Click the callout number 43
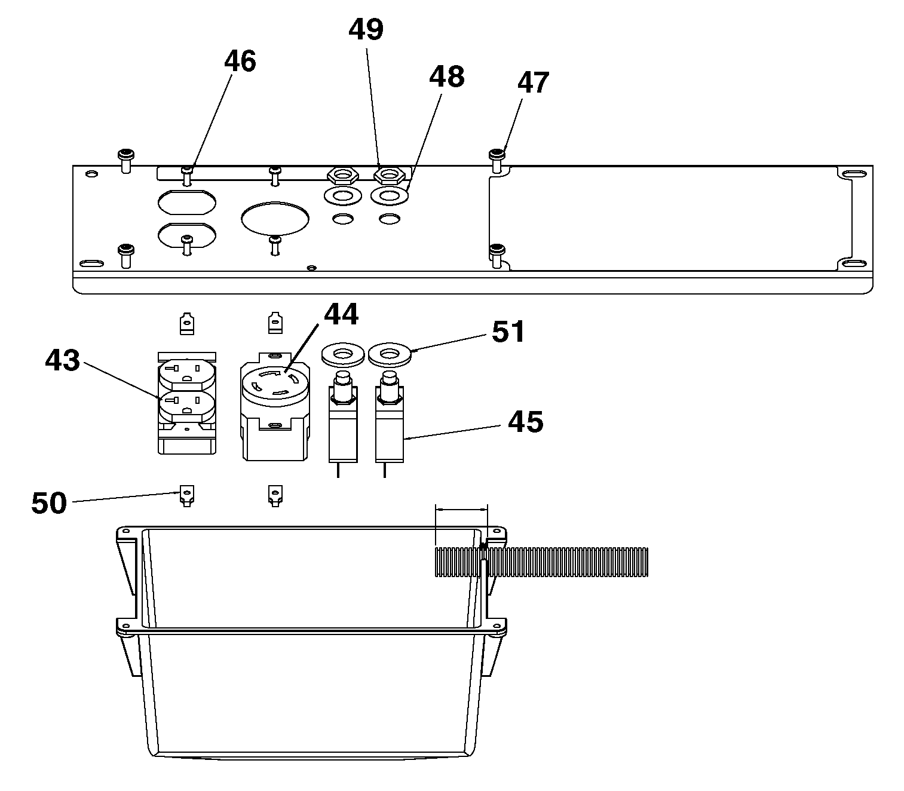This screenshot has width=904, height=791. [x=62, y=360]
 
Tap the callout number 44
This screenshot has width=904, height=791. [x=341, y=314]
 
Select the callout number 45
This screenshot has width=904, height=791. [x=525, y=422]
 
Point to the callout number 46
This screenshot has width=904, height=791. [x=240, y=61]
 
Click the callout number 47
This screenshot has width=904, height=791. [x=534, y=82]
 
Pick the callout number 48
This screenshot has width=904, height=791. [x=447, y=76]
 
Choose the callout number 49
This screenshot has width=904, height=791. [x=366, y=30]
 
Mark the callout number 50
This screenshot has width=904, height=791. [x=49, y=502]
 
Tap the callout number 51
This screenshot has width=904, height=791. [x=508, y=332]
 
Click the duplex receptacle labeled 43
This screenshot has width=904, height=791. [x=187, y=403]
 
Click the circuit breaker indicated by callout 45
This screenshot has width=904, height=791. [x=389, y=424]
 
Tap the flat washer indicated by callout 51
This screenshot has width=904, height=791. [x=389, y=354]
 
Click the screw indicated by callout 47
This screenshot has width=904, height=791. [x=497, y=161]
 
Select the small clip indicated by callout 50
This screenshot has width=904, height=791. [x=187, y=496]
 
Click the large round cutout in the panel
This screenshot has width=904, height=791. [x=275, y=219]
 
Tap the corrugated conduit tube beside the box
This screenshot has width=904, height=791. [x=541, y=562]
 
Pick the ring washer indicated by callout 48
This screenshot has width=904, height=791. [x=389, y=195]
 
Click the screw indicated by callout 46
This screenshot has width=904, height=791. [x=188, y=176]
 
